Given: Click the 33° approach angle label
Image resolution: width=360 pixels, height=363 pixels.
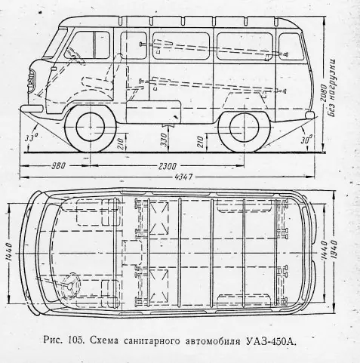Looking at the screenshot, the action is (31, 137).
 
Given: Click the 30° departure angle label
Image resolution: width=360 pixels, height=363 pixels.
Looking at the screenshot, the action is (306, 140).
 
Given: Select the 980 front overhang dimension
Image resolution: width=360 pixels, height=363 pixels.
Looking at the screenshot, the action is (58, 166).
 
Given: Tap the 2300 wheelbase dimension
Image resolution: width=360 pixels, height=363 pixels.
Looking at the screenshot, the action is (168, 166).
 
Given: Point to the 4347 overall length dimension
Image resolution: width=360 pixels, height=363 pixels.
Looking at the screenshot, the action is (183, 177).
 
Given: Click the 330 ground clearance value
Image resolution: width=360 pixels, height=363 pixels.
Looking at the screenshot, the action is (164, 139).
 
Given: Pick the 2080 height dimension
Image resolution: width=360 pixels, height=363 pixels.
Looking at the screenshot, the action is (323, 94).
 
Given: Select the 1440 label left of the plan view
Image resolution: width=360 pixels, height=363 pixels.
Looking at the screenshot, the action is (9, 251).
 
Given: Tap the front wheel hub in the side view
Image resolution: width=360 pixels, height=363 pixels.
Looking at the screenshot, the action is (90, 127).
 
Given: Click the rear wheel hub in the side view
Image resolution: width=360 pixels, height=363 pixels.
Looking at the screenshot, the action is (245, 128).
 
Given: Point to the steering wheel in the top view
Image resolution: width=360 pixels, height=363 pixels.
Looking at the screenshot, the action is (71, 285).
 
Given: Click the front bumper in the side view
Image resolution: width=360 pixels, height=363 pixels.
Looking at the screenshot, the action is (32, 109).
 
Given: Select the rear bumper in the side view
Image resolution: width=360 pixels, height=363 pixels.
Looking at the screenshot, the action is (309, 115).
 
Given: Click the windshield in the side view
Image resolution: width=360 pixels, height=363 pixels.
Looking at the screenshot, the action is (55, 43).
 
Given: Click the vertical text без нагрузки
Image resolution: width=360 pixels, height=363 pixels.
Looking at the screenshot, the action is (332, 88).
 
